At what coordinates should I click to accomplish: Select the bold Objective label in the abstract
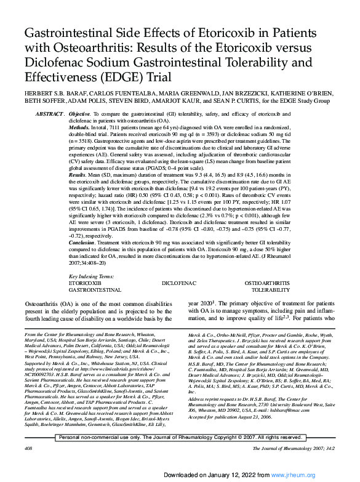[x=79, y=115]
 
